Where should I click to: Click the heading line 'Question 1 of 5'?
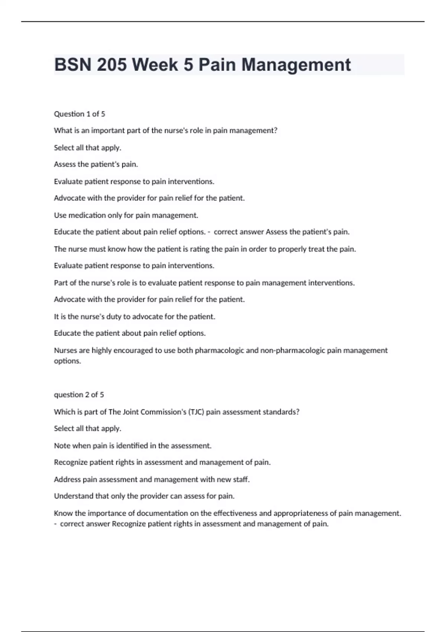coord(80,114)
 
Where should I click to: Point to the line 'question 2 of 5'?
coord(79,394)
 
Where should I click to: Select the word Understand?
coord(74,496)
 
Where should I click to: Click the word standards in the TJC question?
coord(281,412)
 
